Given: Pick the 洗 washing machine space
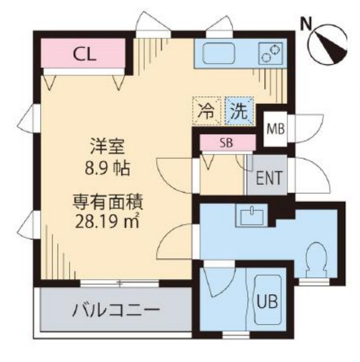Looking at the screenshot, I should (x=238, y=111).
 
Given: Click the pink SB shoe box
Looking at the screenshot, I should (x=226, y=142).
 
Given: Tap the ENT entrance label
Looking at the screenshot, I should (x=268, y=178).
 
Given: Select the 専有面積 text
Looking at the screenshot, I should (x=106, y=203).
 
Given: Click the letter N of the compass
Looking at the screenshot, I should (x=305, y=23).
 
